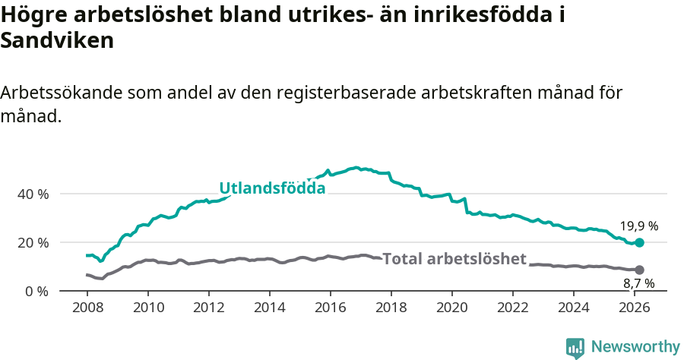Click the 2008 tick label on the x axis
click(87, 308)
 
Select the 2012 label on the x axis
click(209, 308)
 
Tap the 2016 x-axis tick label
click(331, 308)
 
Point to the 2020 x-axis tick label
click(452, 308)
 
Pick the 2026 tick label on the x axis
click(635, 308)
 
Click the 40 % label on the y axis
click(33, 194)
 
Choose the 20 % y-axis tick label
click(33, 242)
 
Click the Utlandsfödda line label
click(272, 188)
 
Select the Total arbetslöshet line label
click(454, 259)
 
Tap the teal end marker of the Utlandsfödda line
click(639, 242)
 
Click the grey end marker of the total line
click(639, 270)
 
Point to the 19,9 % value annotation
click(638, 226)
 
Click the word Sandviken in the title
click(57, 40)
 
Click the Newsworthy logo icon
click(575, 347)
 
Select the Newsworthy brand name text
click(635, 347)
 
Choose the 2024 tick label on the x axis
click(574, 308)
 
